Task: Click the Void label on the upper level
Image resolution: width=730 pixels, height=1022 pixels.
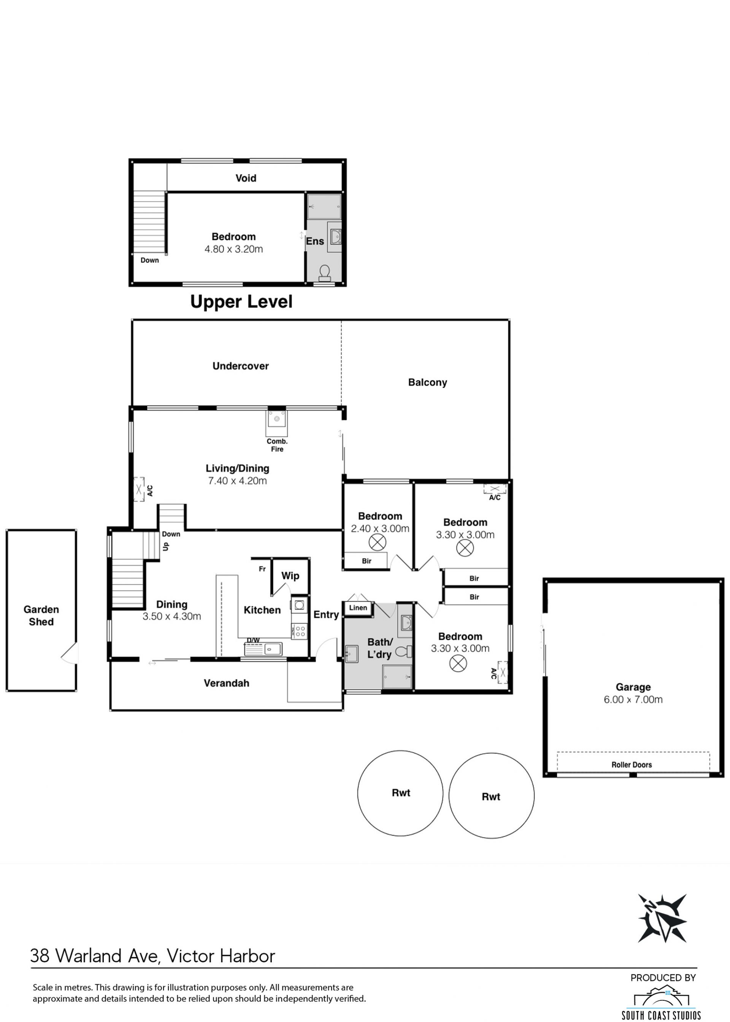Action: tap(246, 178)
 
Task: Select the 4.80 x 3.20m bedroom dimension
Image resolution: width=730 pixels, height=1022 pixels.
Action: tap(234, 249)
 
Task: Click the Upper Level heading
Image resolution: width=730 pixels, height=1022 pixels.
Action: tap(241, 302)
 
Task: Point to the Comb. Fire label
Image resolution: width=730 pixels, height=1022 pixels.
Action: tap(277, 445)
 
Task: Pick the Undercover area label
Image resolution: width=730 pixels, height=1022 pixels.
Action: tap(241, 366)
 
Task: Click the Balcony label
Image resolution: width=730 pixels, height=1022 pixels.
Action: tap(427, 383)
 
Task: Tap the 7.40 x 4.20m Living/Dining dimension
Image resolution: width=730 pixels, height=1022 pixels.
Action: tap(237, 481)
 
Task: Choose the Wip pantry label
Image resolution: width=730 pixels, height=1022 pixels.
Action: tap(290, 576)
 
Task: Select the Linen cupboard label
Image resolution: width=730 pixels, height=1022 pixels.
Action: tap(358, 608)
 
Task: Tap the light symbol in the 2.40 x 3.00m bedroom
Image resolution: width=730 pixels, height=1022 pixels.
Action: tap(378, 543)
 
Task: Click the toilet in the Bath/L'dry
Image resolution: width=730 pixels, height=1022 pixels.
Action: tap(404, 652)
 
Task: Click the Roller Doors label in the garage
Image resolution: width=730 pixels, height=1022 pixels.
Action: tap(632, 765)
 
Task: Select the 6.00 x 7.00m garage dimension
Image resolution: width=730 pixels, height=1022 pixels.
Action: tap(633, 699)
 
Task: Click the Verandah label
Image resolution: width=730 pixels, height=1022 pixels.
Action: tap(227, 683)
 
